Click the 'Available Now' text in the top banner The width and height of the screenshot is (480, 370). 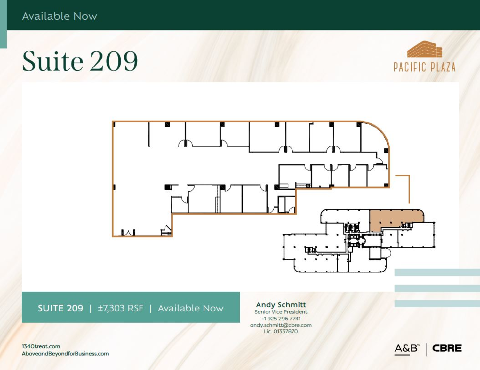[60, 16]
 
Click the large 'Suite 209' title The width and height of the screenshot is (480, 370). [80, 61]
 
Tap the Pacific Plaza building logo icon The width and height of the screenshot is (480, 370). [424, 49]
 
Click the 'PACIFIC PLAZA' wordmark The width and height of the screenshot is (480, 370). [424, 67]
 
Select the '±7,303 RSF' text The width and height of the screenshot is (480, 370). [120, 308]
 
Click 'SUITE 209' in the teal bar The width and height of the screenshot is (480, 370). [60, 308]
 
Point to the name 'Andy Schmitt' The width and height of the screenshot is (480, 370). [281, 305]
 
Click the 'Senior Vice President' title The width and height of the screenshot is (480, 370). [281, 312]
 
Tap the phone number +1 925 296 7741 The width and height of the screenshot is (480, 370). [281, 319]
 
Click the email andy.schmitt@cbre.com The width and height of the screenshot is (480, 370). [281, 325]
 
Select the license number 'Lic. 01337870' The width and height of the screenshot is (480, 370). [281, 331]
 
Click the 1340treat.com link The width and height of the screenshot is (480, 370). [41, 346]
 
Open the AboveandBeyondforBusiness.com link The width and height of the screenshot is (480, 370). [65, 354]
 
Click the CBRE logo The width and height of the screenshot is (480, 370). [447, 348]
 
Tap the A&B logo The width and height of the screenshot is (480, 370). [407, 349]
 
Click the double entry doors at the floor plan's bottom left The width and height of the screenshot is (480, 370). [128, 232]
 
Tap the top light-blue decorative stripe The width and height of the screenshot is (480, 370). [437, 272]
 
